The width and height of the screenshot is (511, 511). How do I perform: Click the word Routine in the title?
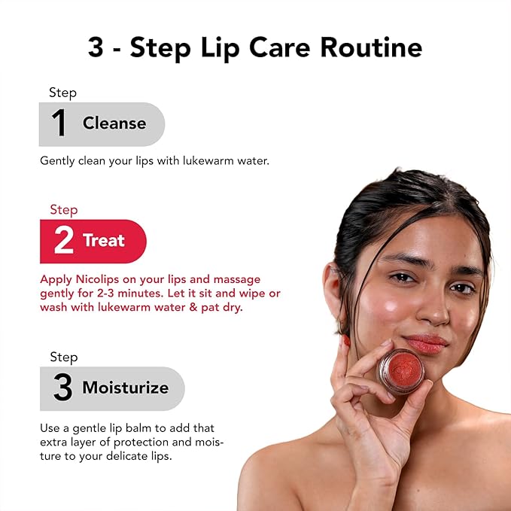pos(372,47)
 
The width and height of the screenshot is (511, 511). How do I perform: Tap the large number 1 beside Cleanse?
pos(59,124)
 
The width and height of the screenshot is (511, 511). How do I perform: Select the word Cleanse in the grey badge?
pos(114,123)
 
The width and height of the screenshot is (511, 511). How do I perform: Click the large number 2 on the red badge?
pos(63,242)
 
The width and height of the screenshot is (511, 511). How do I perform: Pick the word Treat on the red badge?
pos(104,241)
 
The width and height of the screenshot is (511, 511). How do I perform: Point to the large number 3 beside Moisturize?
pos(62,388)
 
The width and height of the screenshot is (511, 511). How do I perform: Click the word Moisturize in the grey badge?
pos(125,388)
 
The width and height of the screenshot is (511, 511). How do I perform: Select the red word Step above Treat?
pos(64,209)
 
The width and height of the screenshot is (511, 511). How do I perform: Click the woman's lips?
pos(427,343)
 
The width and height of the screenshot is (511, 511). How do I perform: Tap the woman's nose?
pos(430,309)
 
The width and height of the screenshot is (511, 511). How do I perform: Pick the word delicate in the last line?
pos(121,455)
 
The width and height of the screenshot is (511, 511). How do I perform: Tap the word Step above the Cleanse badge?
pos(63,93)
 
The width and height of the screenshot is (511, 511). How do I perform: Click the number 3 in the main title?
pos(96,47)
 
